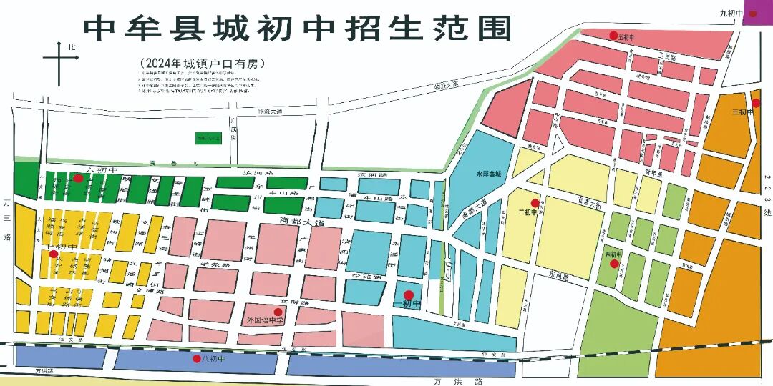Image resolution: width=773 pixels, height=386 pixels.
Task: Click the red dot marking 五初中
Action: (613, 35)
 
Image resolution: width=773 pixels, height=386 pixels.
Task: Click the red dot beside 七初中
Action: (53, 254)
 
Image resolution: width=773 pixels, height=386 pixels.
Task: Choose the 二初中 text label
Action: (526, 212)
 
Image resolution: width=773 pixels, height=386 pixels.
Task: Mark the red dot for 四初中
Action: (614, 264)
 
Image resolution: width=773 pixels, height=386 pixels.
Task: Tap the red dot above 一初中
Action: (408, 295)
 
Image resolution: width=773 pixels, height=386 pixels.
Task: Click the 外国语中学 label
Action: (265, 320)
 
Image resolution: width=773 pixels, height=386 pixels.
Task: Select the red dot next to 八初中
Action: (197, 358)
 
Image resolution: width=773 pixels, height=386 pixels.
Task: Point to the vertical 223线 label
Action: (767, 193)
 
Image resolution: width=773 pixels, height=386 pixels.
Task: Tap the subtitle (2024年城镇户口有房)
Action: (203, 64)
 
